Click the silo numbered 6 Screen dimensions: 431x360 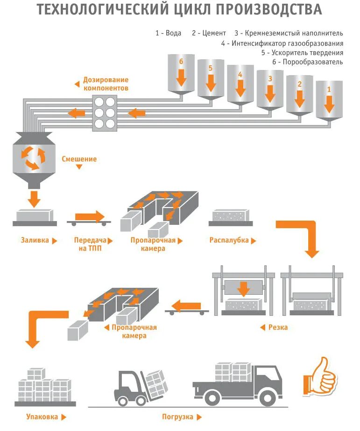tap(181, 75)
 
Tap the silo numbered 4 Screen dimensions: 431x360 tap(240, 85)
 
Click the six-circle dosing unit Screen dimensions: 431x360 tap(104, 112)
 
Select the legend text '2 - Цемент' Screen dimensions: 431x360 tap(209, 33)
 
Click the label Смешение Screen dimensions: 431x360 tap(79, 159)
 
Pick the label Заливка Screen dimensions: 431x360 tap(35, 241)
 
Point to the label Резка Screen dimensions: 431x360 tap(278, 327)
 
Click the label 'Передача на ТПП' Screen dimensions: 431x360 tap(89, 244)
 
